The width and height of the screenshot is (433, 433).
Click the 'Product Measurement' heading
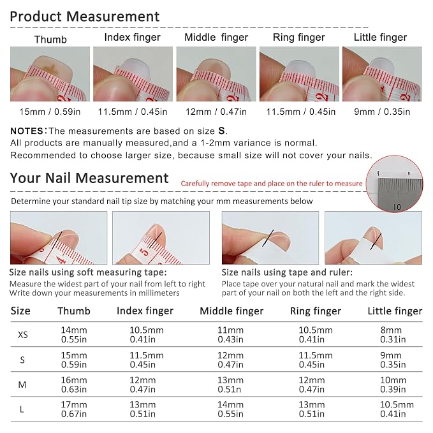tap(85, 17)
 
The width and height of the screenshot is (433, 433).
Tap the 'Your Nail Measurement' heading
tap(89, 178)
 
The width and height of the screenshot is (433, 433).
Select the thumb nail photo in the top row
tap(50, 74)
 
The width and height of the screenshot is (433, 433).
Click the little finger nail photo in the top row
tap(382, 74)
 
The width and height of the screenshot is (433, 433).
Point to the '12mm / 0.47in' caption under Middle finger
tap(216, 112)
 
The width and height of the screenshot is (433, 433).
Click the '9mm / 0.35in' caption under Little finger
tap(382, 112)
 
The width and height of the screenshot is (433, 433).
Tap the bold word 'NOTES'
tap(27, 131)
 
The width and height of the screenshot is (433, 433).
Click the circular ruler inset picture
tap(394, 184)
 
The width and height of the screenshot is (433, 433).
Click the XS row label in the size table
tap(23, 335)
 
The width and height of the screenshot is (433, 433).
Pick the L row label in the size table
tap(22, 409)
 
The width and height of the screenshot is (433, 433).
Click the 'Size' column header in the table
tap(20, 311)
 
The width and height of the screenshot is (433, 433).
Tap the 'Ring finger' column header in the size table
tap(316, 311)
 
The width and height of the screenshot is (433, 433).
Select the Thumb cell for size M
tap(74, 385)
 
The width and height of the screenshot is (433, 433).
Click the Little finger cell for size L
tap(397, 409)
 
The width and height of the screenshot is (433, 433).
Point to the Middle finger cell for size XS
tap(230, 335)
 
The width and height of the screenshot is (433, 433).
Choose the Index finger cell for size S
tap(147, 360)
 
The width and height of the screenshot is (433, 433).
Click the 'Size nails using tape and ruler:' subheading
tap(287, 272)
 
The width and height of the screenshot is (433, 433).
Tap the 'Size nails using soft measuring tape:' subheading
tap(88, 272)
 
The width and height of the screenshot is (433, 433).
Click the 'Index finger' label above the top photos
tap(132, 37)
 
